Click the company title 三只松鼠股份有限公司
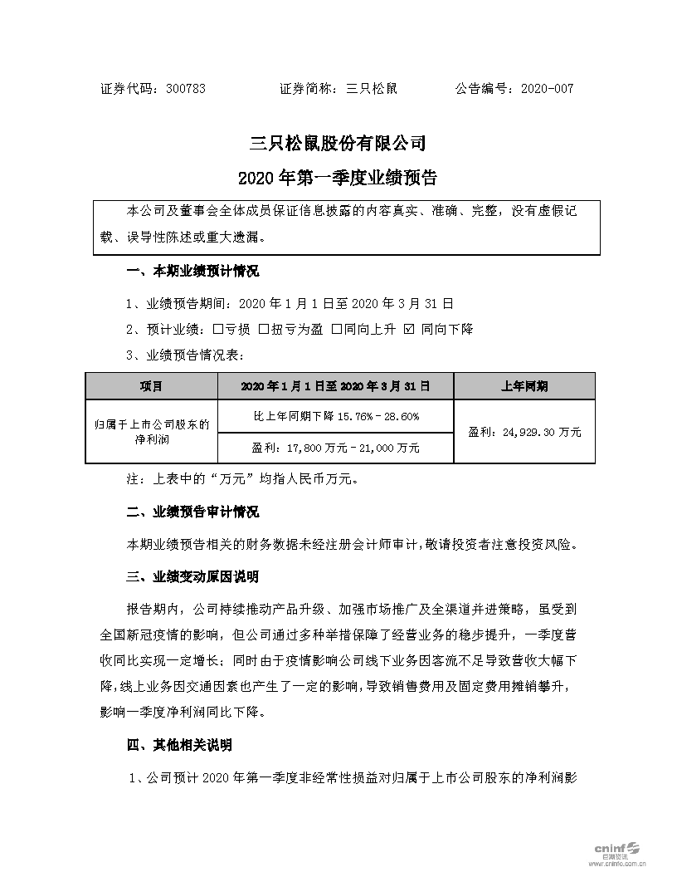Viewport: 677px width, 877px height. point(338,144)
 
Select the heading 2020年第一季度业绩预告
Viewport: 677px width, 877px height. point(338,178)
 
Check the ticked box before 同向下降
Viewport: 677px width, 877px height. point(407,329)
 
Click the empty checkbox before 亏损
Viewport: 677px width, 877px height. point(218,329)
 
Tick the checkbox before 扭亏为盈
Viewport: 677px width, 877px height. point(263,329)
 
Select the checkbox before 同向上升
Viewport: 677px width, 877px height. point(337,329)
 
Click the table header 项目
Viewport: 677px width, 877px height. point(151,386)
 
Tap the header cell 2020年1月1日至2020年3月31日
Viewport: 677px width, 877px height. point(335,386)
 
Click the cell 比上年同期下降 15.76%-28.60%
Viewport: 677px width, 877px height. point(335,416)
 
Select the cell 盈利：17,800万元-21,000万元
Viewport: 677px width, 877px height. point(335,448)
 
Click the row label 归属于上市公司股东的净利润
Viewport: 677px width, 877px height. point(151,432)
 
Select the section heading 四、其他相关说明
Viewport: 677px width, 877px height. point(180,745)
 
